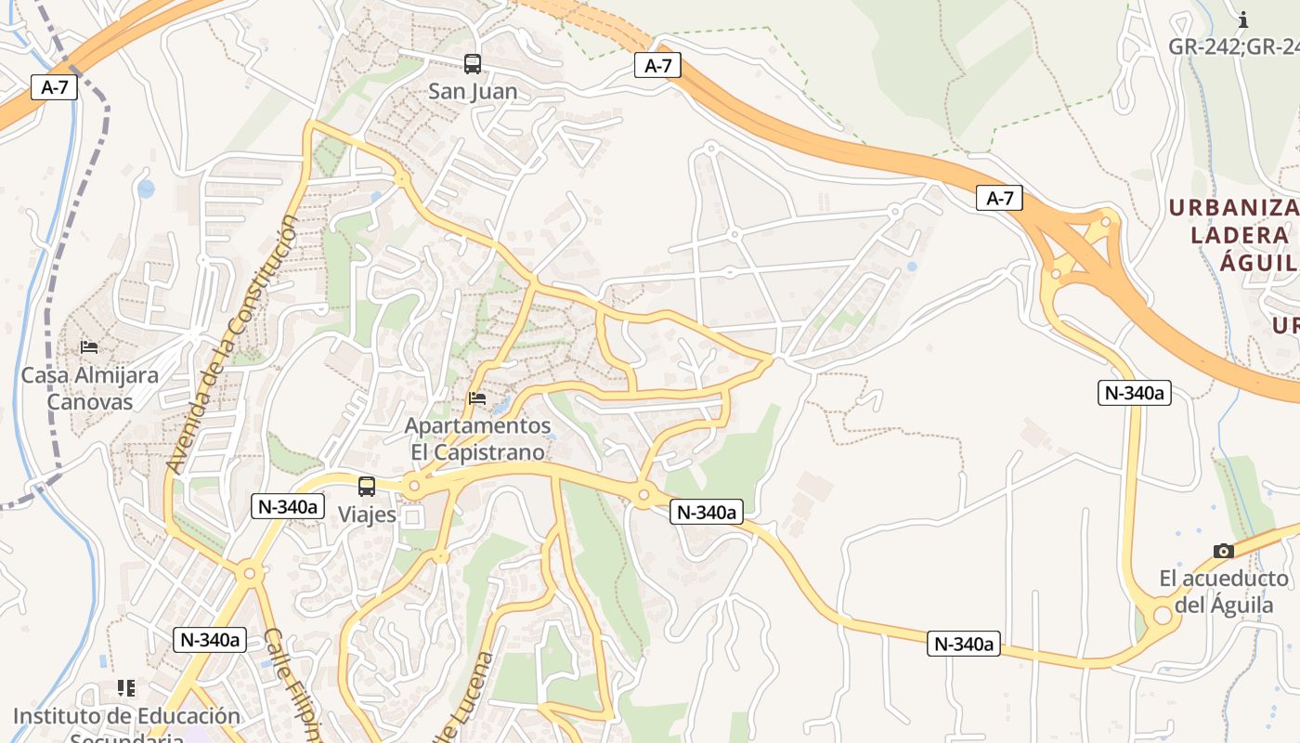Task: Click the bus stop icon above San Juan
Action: [473, 64]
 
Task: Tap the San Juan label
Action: [473, 92]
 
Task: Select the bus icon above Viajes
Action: [367, 486]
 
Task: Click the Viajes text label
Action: [367, 515]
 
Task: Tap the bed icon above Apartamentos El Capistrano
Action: [477, 398]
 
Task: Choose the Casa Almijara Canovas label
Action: [90, 388]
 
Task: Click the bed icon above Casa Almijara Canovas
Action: [89, 346]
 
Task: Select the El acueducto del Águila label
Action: [1224, 592]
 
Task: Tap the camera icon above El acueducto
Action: [1224, 551]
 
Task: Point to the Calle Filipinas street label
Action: [292, 687]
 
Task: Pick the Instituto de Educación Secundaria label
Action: [126, 725]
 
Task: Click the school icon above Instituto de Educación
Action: [126, 688]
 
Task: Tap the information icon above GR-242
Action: [1243, 20]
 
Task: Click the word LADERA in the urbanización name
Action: [1240, 234]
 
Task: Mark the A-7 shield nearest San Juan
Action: [657, 65]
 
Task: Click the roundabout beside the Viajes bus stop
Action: [414, 485]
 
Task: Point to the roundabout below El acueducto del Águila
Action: [1162, 615]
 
